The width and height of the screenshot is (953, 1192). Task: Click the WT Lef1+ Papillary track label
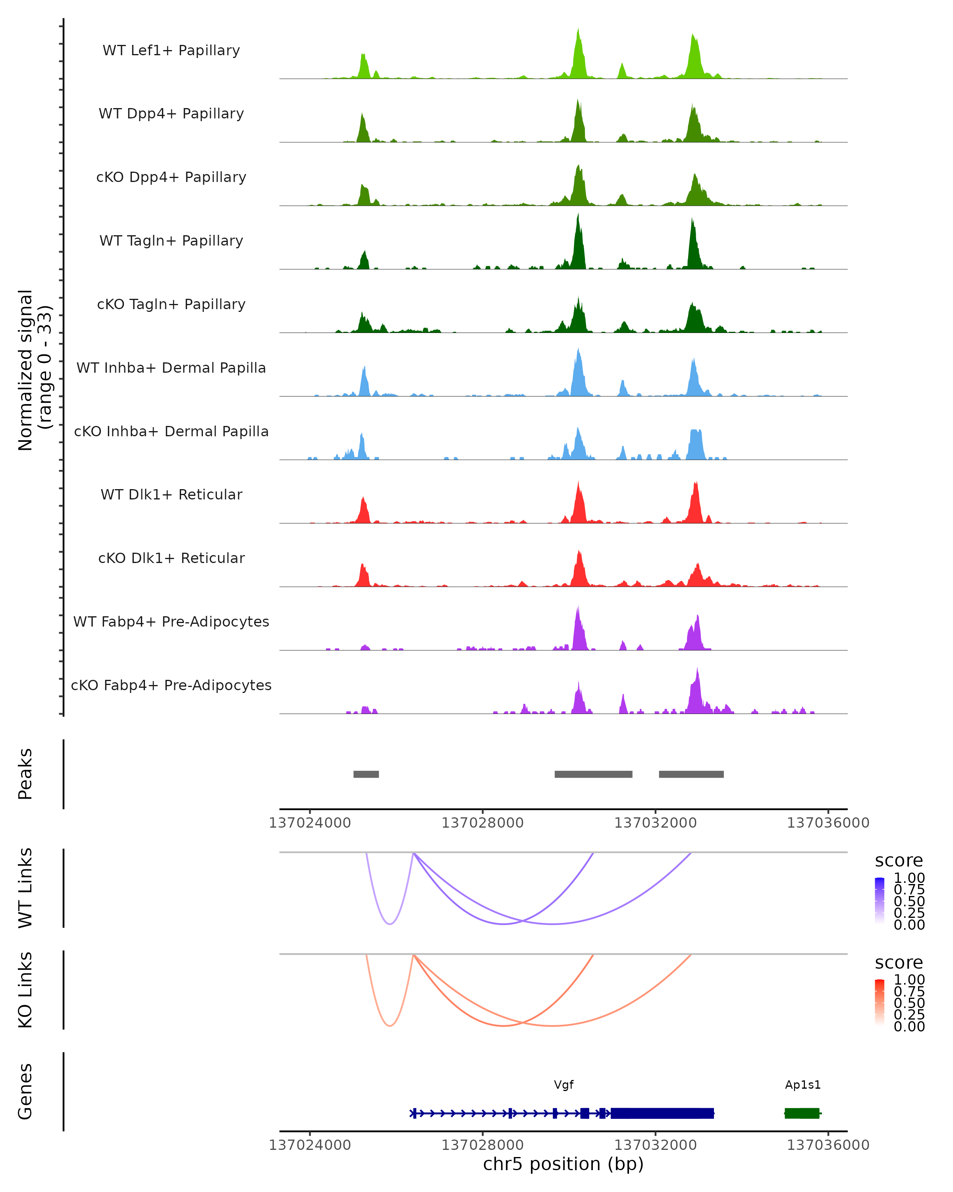pyautogui.click(x=171, y=50)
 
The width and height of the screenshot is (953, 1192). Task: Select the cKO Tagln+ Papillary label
pyautogui.click(x=171, y=304)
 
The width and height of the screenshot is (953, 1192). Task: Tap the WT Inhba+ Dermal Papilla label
pyautogui.click(x=171, y=368)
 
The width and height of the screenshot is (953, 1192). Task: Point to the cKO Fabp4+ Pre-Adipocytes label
pyautogui.click(x=171, y=685)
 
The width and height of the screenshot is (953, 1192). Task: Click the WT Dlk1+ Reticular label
pyautogui.click(x=171, y=494)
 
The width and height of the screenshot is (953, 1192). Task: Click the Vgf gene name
pyautogui.click(x=563, y=1085)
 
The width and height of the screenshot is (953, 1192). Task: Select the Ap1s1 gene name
pyautogui.click(x=803, y=1085)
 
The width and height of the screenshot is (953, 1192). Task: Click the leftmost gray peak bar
pyautogui.click(x=366, y=774)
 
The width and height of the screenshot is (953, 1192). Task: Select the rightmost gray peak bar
pyautogui.click(x=691, y=774)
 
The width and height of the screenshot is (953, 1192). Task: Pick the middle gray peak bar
pyautogui.click(x=593, y=774)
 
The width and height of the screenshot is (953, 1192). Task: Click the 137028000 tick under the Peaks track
pyautogui.click(x=482, y=823)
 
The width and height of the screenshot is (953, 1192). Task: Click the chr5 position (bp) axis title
pyautogui.click(x=563, y=1164)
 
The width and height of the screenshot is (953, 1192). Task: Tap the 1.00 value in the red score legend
pyautogui.click(x=909, y=979)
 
